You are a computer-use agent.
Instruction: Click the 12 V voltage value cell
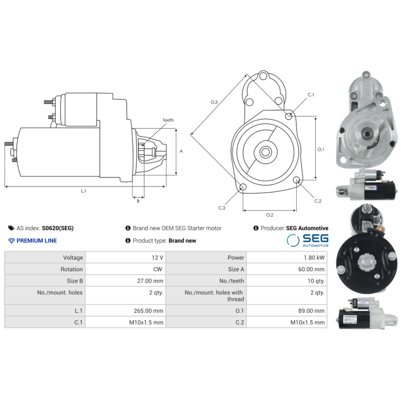tap(157, 258)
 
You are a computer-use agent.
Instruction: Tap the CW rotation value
tap(158, 269)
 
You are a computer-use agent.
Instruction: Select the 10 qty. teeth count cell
tap(316, 281)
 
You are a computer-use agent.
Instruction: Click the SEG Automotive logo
tap(308, 241)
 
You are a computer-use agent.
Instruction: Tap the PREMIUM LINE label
tap(37, 241)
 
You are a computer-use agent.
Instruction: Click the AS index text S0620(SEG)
tap(58, 228)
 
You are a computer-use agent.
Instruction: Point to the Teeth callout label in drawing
tap(168, 120)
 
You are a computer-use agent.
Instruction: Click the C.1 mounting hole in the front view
tap(289, 116)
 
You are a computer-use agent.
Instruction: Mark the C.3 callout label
tap(222, 208)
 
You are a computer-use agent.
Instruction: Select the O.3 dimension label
tap(214, 102)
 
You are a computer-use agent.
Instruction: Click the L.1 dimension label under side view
tap(84, 190)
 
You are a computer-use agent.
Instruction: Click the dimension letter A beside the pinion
tap(181, 151)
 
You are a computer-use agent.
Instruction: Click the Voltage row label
tap(73, 258)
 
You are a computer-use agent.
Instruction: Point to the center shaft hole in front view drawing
tap(266, 151)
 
